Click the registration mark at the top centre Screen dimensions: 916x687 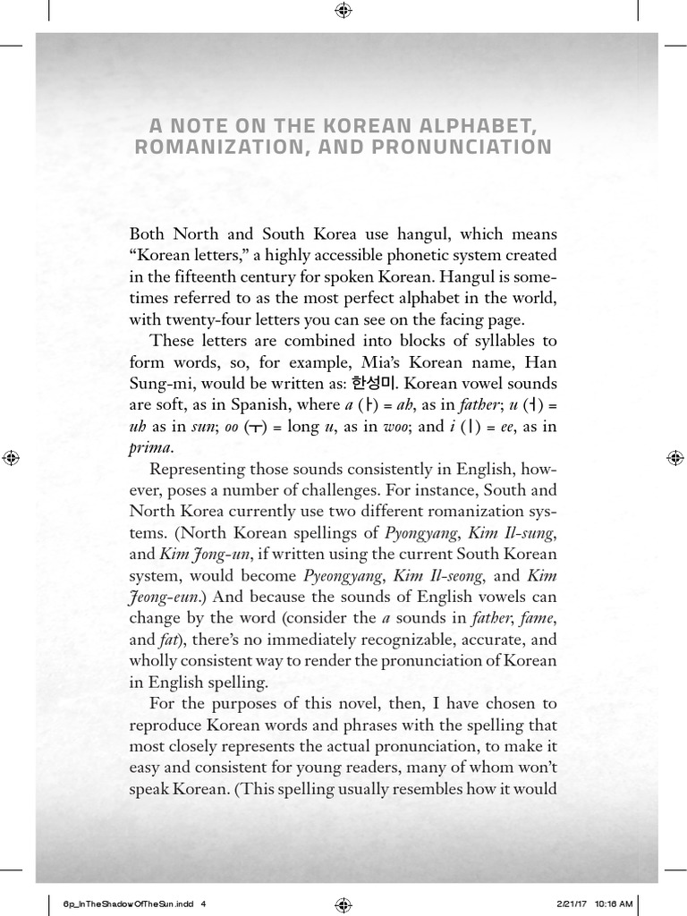[343, 12]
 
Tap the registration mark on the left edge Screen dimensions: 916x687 [12, 458]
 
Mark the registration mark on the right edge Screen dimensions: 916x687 [674, 458]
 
